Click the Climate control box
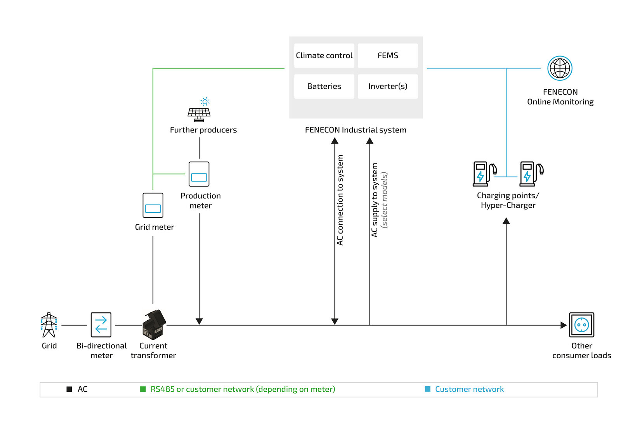[x=324, y=56]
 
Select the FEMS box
[x=388, y=56]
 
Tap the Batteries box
[x=324, y=86]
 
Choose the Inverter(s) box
[x=388, y=86]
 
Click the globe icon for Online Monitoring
[x=560, y=68]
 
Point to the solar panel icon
[x=199, y=112]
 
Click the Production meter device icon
[x=199, y=174]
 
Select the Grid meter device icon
[x=153, y=205]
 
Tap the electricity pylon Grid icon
[x=49, y=325]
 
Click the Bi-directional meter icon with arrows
[x=101, y=325]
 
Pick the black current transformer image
[x=154, y=324]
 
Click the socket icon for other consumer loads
[x=581, y=325]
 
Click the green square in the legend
[x=143, y=389]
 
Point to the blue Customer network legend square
[x=428, y=389]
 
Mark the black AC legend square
[x=69, y=389]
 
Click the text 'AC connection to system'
[x=340, y=200]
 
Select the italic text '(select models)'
[x=384, y=200]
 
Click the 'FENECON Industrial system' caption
[x=356, y=130]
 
